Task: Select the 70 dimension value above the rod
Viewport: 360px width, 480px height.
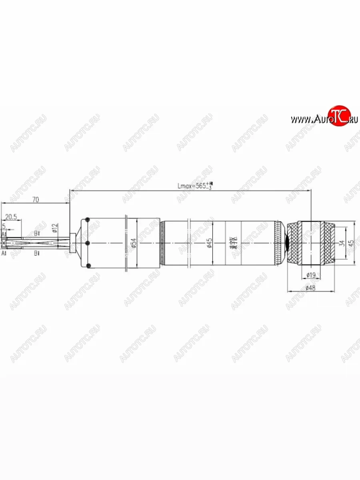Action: click(x=36, y=200)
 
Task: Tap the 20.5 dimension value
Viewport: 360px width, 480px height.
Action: click(x=11, y=217)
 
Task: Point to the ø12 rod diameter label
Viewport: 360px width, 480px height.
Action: click(x=55, y=228)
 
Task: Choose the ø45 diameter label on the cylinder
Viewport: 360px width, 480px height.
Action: click(x=209, y=243)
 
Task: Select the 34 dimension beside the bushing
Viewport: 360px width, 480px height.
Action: click(x=341, y=243)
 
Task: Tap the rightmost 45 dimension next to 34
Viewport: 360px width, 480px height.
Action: click(x=351, y=243)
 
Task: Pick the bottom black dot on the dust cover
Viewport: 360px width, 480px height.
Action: click(x=88, y=266)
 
